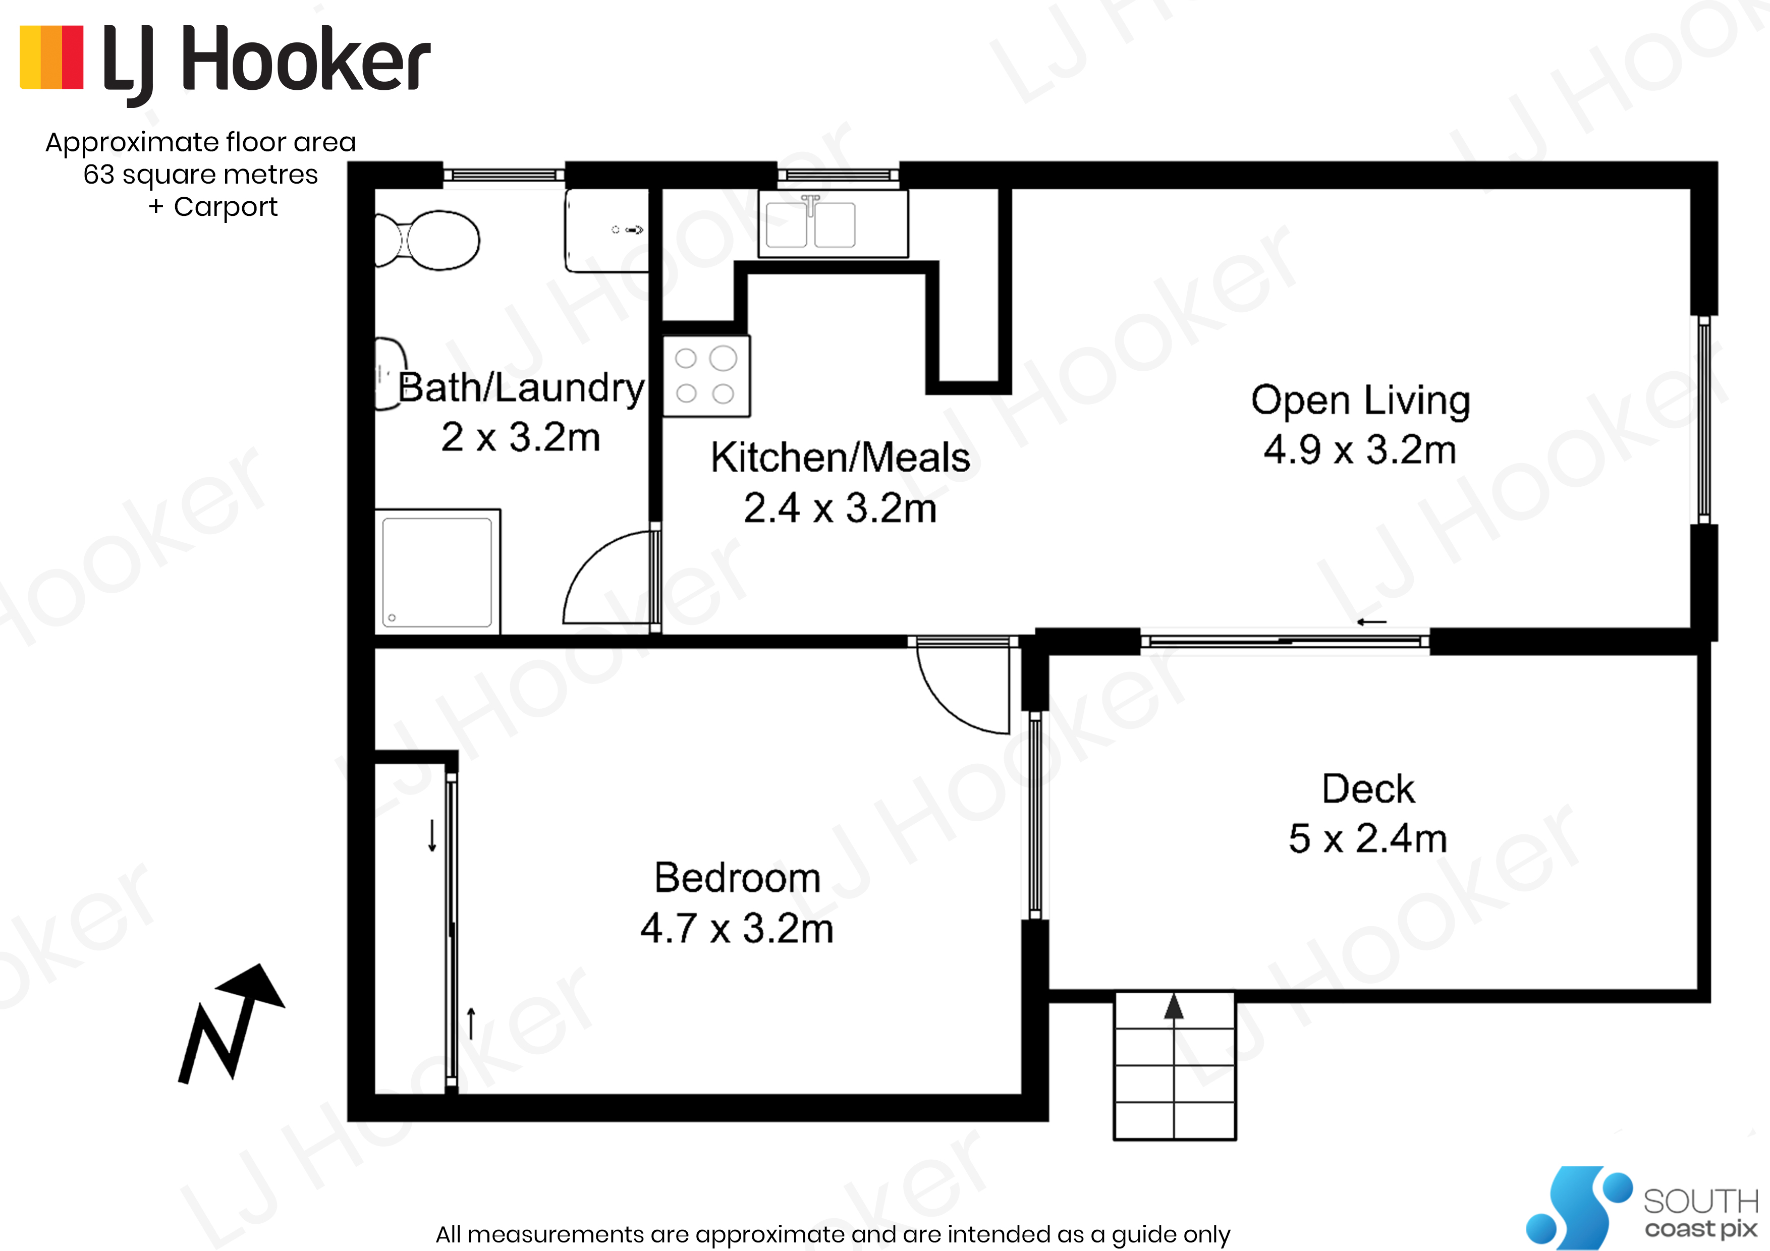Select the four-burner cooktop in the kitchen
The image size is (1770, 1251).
pos(706,376)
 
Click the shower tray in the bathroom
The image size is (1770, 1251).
pos(437,571)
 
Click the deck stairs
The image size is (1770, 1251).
pos(1175,1066)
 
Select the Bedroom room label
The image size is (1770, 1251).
pos(737,878)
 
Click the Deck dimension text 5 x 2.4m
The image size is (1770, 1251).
pos(1367,839)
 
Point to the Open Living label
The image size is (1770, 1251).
pos(1361,401)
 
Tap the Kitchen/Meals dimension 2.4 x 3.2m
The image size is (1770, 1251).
pos(840,509)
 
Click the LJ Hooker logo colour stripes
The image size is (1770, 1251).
pos(51,58)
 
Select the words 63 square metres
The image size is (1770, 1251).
pos(200,174)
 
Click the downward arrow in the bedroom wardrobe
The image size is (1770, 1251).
pos(432,835)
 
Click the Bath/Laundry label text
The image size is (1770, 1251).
pos(521,388)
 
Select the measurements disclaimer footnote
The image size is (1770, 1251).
pos(833,1234)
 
